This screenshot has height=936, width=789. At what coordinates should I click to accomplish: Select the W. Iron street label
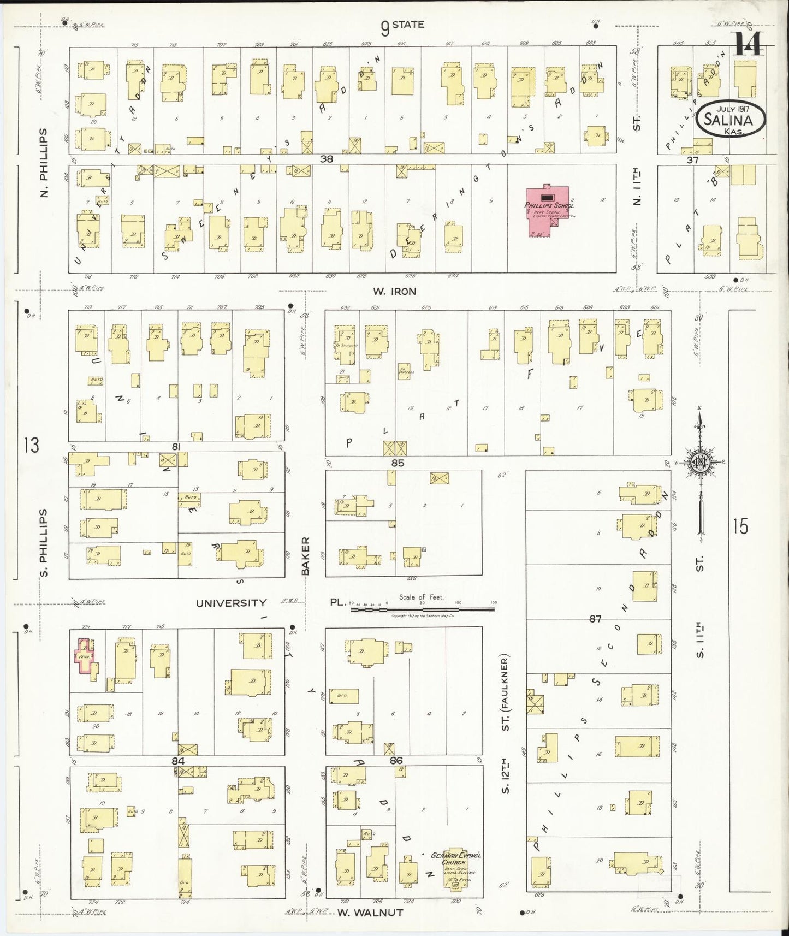tap(394, 292)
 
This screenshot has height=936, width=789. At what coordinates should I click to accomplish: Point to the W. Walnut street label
tap(370, 913)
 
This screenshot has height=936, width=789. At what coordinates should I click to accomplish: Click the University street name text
tap(231, 603)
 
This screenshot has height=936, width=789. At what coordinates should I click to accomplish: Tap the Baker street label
tap(305, 555)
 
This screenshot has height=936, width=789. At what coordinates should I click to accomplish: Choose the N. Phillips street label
tap(44, 163)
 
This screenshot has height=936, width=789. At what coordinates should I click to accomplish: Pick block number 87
tap(595, 619)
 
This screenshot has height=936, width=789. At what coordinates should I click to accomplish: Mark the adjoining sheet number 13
tap(31, 445)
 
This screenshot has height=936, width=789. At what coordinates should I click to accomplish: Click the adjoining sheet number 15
tap(740, 527)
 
